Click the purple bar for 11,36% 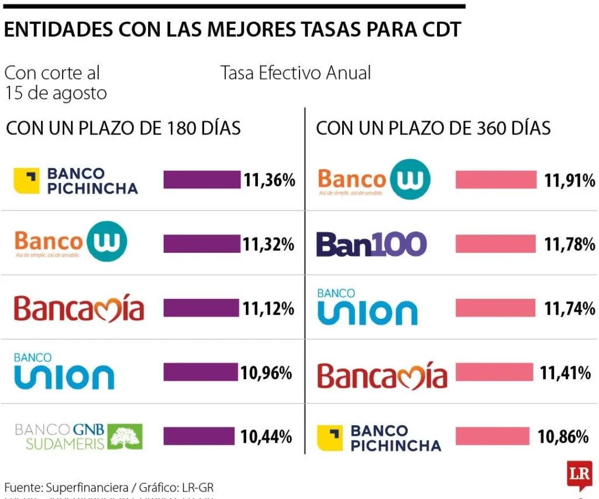(202, 180)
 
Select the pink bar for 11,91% (495, 180)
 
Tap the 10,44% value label (266, 436)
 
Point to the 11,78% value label (569, 245)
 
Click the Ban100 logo (371, 244)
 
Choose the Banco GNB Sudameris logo (78, 436)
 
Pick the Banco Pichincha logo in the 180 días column (76, 180)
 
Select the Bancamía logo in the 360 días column (382, 375)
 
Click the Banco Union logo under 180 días (64, 371)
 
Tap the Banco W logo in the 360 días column (374, 180)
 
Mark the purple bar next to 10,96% (201, 372)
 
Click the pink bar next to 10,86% (492, 436)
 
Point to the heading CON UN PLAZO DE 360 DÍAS (433, 128)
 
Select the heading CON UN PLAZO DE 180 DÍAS (123, 128)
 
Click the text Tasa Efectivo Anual (295, 73)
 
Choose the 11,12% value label (268, 308)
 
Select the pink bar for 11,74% (495, 308)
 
